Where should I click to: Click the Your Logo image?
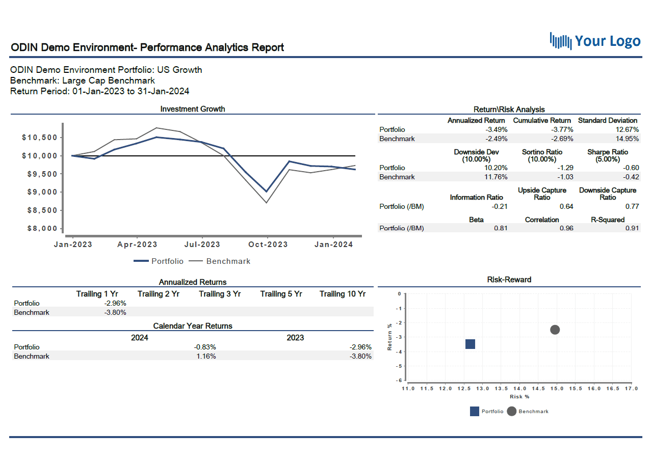tap(595, 41)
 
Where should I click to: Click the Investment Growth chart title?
tap(193, 109)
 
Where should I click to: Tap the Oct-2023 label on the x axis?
tap(268, 245)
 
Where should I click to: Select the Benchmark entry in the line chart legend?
tap(228, 261)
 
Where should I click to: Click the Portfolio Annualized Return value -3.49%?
tap(497, 130)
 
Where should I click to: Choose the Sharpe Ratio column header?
tap(608, 155)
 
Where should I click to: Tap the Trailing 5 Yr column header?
tap(281, 294)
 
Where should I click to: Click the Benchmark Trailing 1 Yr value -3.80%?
tap(115, 313)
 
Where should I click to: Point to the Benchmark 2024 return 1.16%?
tap(206, 357)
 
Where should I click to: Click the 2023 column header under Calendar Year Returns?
tap(295, 338)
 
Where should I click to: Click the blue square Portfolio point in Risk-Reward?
tap(470, 344)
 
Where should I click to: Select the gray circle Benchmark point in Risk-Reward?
tap(555, 330)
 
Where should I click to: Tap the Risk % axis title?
tap(519, 396)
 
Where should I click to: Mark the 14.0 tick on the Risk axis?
tap(519, 389)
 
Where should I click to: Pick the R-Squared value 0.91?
tap(632, 228)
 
